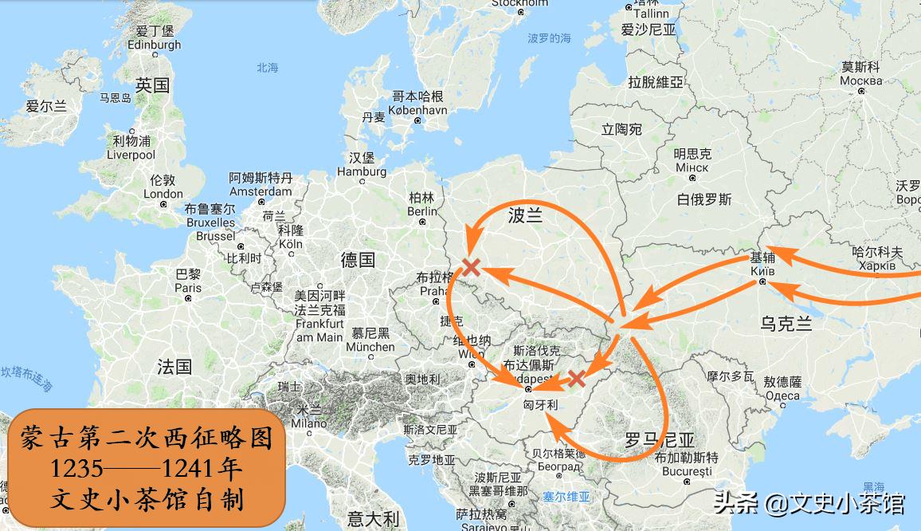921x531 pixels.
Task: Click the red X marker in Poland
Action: (471, 266)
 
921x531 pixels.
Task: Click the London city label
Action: (163, 194)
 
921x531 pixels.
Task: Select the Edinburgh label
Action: (155, 45)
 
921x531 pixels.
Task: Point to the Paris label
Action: (188, 288)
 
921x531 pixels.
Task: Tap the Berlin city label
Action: (422, 211)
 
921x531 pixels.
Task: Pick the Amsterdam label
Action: (261, 191)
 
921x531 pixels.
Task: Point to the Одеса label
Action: (782, 395)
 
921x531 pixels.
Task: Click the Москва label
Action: (861, 81)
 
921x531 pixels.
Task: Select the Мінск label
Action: (692, 167)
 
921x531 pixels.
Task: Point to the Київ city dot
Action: (762, 281)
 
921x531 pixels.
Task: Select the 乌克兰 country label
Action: (786, 324)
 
